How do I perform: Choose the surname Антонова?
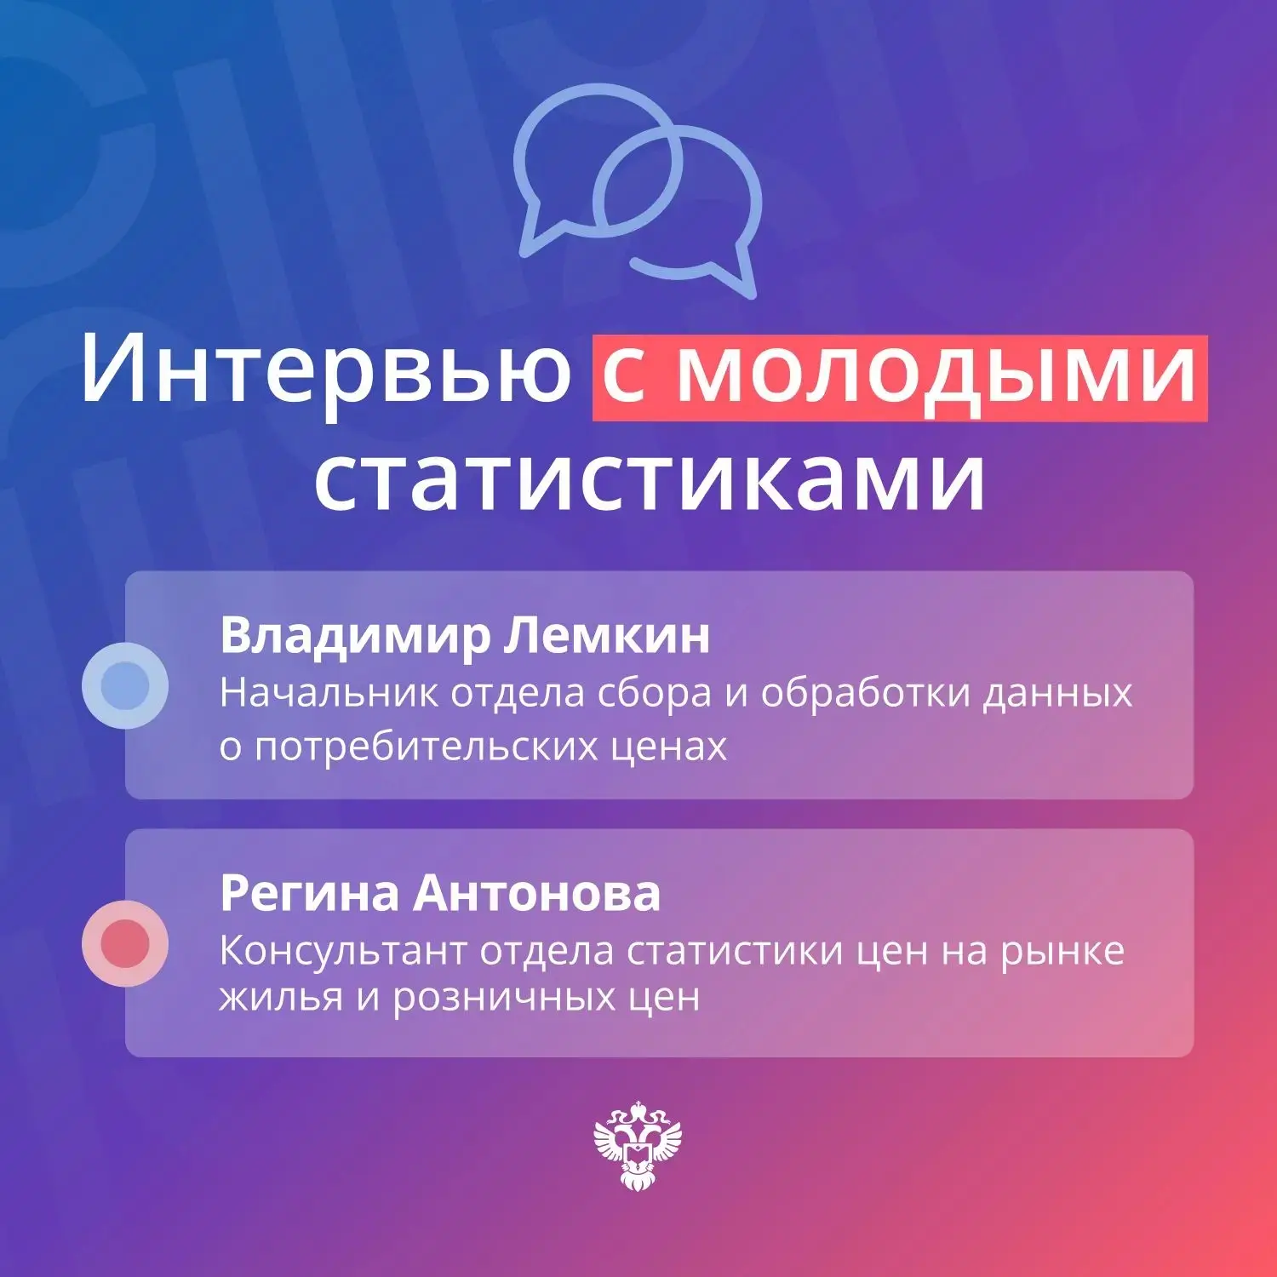click(x=537, y=894)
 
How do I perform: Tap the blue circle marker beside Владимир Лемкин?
click(x=125, y=685)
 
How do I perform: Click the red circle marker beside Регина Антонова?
click(x=125, y=943)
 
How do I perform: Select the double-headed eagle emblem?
click(x=638, y=1146)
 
